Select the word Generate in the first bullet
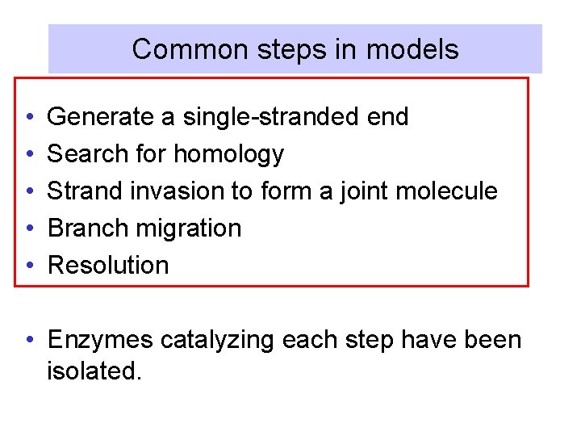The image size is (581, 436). tap(100, 117)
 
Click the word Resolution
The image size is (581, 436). tap(108, 266)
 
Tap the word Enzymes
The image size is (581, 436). tap(100, 340)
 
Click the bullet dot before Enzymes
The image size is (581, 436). tap(28, 340)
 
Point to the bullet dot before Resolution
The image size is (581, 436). tap(28, 266)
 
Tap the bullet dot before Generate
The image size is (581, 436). tap(28, 117)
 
